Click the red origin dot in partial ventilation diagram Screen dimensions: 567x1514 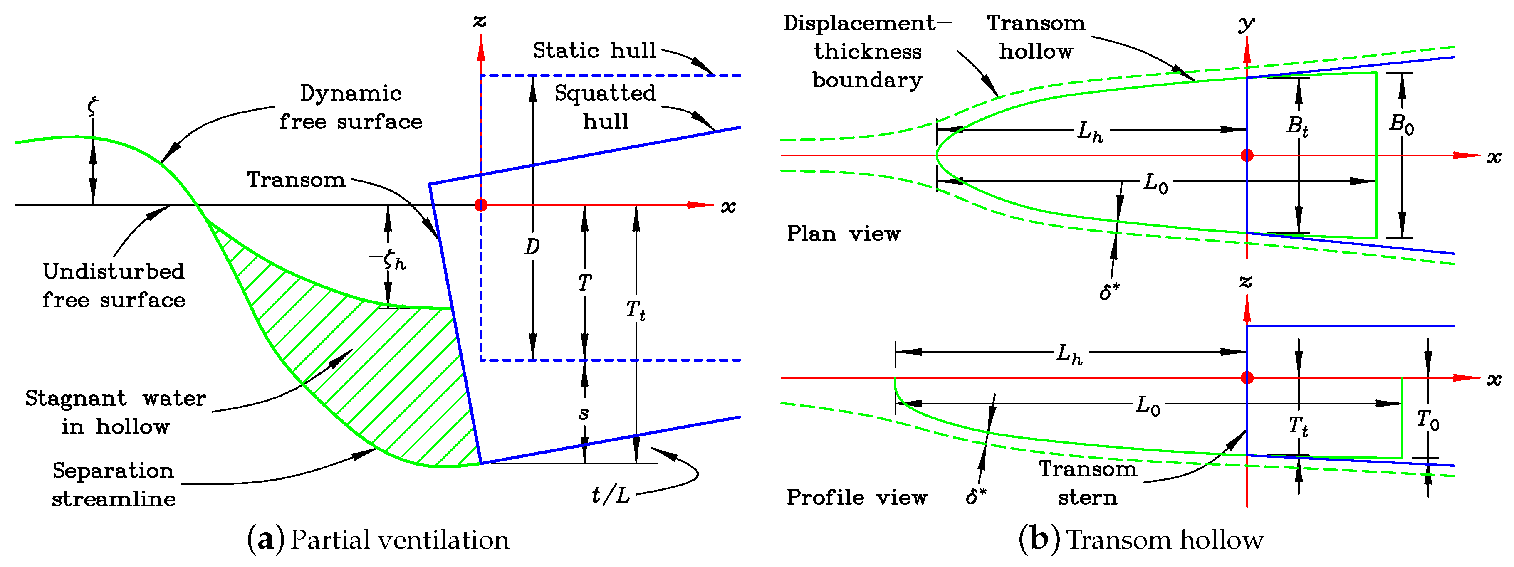[481, 205]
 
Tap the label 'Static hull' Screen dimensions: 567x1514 [594, 51]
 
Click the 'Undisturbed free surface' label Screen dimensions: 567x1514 [114, 286]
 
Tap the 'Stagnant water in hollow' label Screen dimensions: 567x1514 [115, 412]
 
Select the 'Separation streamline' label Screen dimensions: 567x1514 [114, 484]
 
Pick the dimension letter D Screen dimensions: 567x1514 [532, 247]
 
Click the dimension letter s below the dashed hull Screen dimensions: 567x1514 [584, 414]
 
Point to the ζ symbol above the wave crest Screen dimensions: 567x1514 [92, 106]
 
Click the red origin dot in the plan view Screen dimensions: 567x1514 [1247, 155]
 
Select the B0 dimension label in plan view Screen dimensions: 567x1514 [1401, 125]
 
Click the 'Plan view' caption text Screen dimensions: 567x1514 [844, 234]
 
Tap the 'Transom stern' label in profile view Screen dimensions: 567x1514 [1088, 483]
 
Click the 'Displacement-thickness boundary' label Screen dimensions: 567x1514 [868, 52]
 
